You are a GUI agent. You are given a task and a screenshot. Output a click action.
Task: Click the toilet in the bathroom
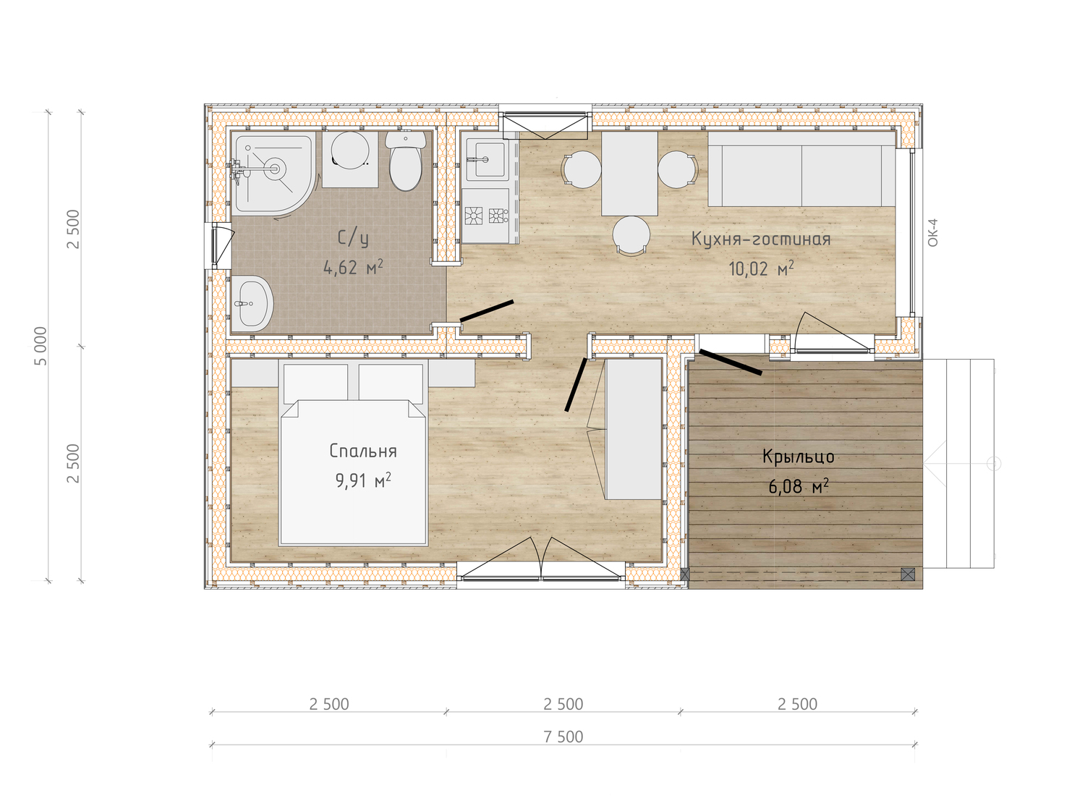click(405, 161)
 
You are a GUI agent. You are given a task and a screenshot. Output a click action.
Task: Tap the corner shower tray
click(273, 172)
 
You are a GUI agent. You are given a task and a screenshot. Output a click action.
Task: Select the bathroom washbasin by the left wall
click(252, 303)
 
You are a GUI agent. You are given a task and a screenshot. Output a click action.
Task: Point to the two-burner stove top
click(486, 216)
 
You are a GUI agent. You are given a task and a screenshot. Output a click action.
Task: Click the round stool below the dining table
click(631, 235)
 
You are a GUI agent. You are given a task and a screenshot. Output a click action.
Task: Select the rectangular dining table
click(629, 174)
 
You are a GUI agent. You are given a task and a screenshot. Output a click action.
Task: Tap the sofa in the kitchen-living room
click(801, 169)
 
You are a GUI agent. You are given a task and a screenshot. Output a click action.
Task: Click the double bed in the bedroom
click(353, 452)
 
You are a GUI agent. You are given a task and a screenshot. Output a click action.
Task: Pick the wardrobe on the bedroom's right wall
click(633, 429)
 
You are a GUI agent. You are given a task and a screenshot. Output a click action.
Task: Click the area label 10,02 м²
click(761, 269)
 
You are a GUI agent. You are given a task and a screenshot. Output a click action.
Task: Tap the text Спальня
click(363, 451)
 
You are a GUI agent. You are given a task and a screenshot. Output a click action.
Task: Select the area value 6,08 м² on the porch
click(799, 486)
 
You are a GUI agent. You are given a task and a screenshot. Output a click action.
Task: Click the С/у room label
click(353, 238)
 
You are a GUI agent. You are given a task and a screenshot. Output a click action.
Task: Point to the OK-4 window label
click(933, 232)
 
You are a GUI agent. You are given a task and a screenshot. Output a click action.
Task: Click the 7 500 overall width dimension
click(563, 737)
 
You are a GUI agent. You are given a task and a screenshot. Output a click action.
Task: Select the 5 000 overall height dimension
click(41, 346)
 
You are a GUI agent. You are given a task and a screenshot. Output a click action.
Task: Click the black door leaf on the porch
click(731, 363)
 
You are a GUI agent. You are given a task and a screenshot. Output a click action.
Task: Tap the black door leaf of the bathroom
click(487, 310)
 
